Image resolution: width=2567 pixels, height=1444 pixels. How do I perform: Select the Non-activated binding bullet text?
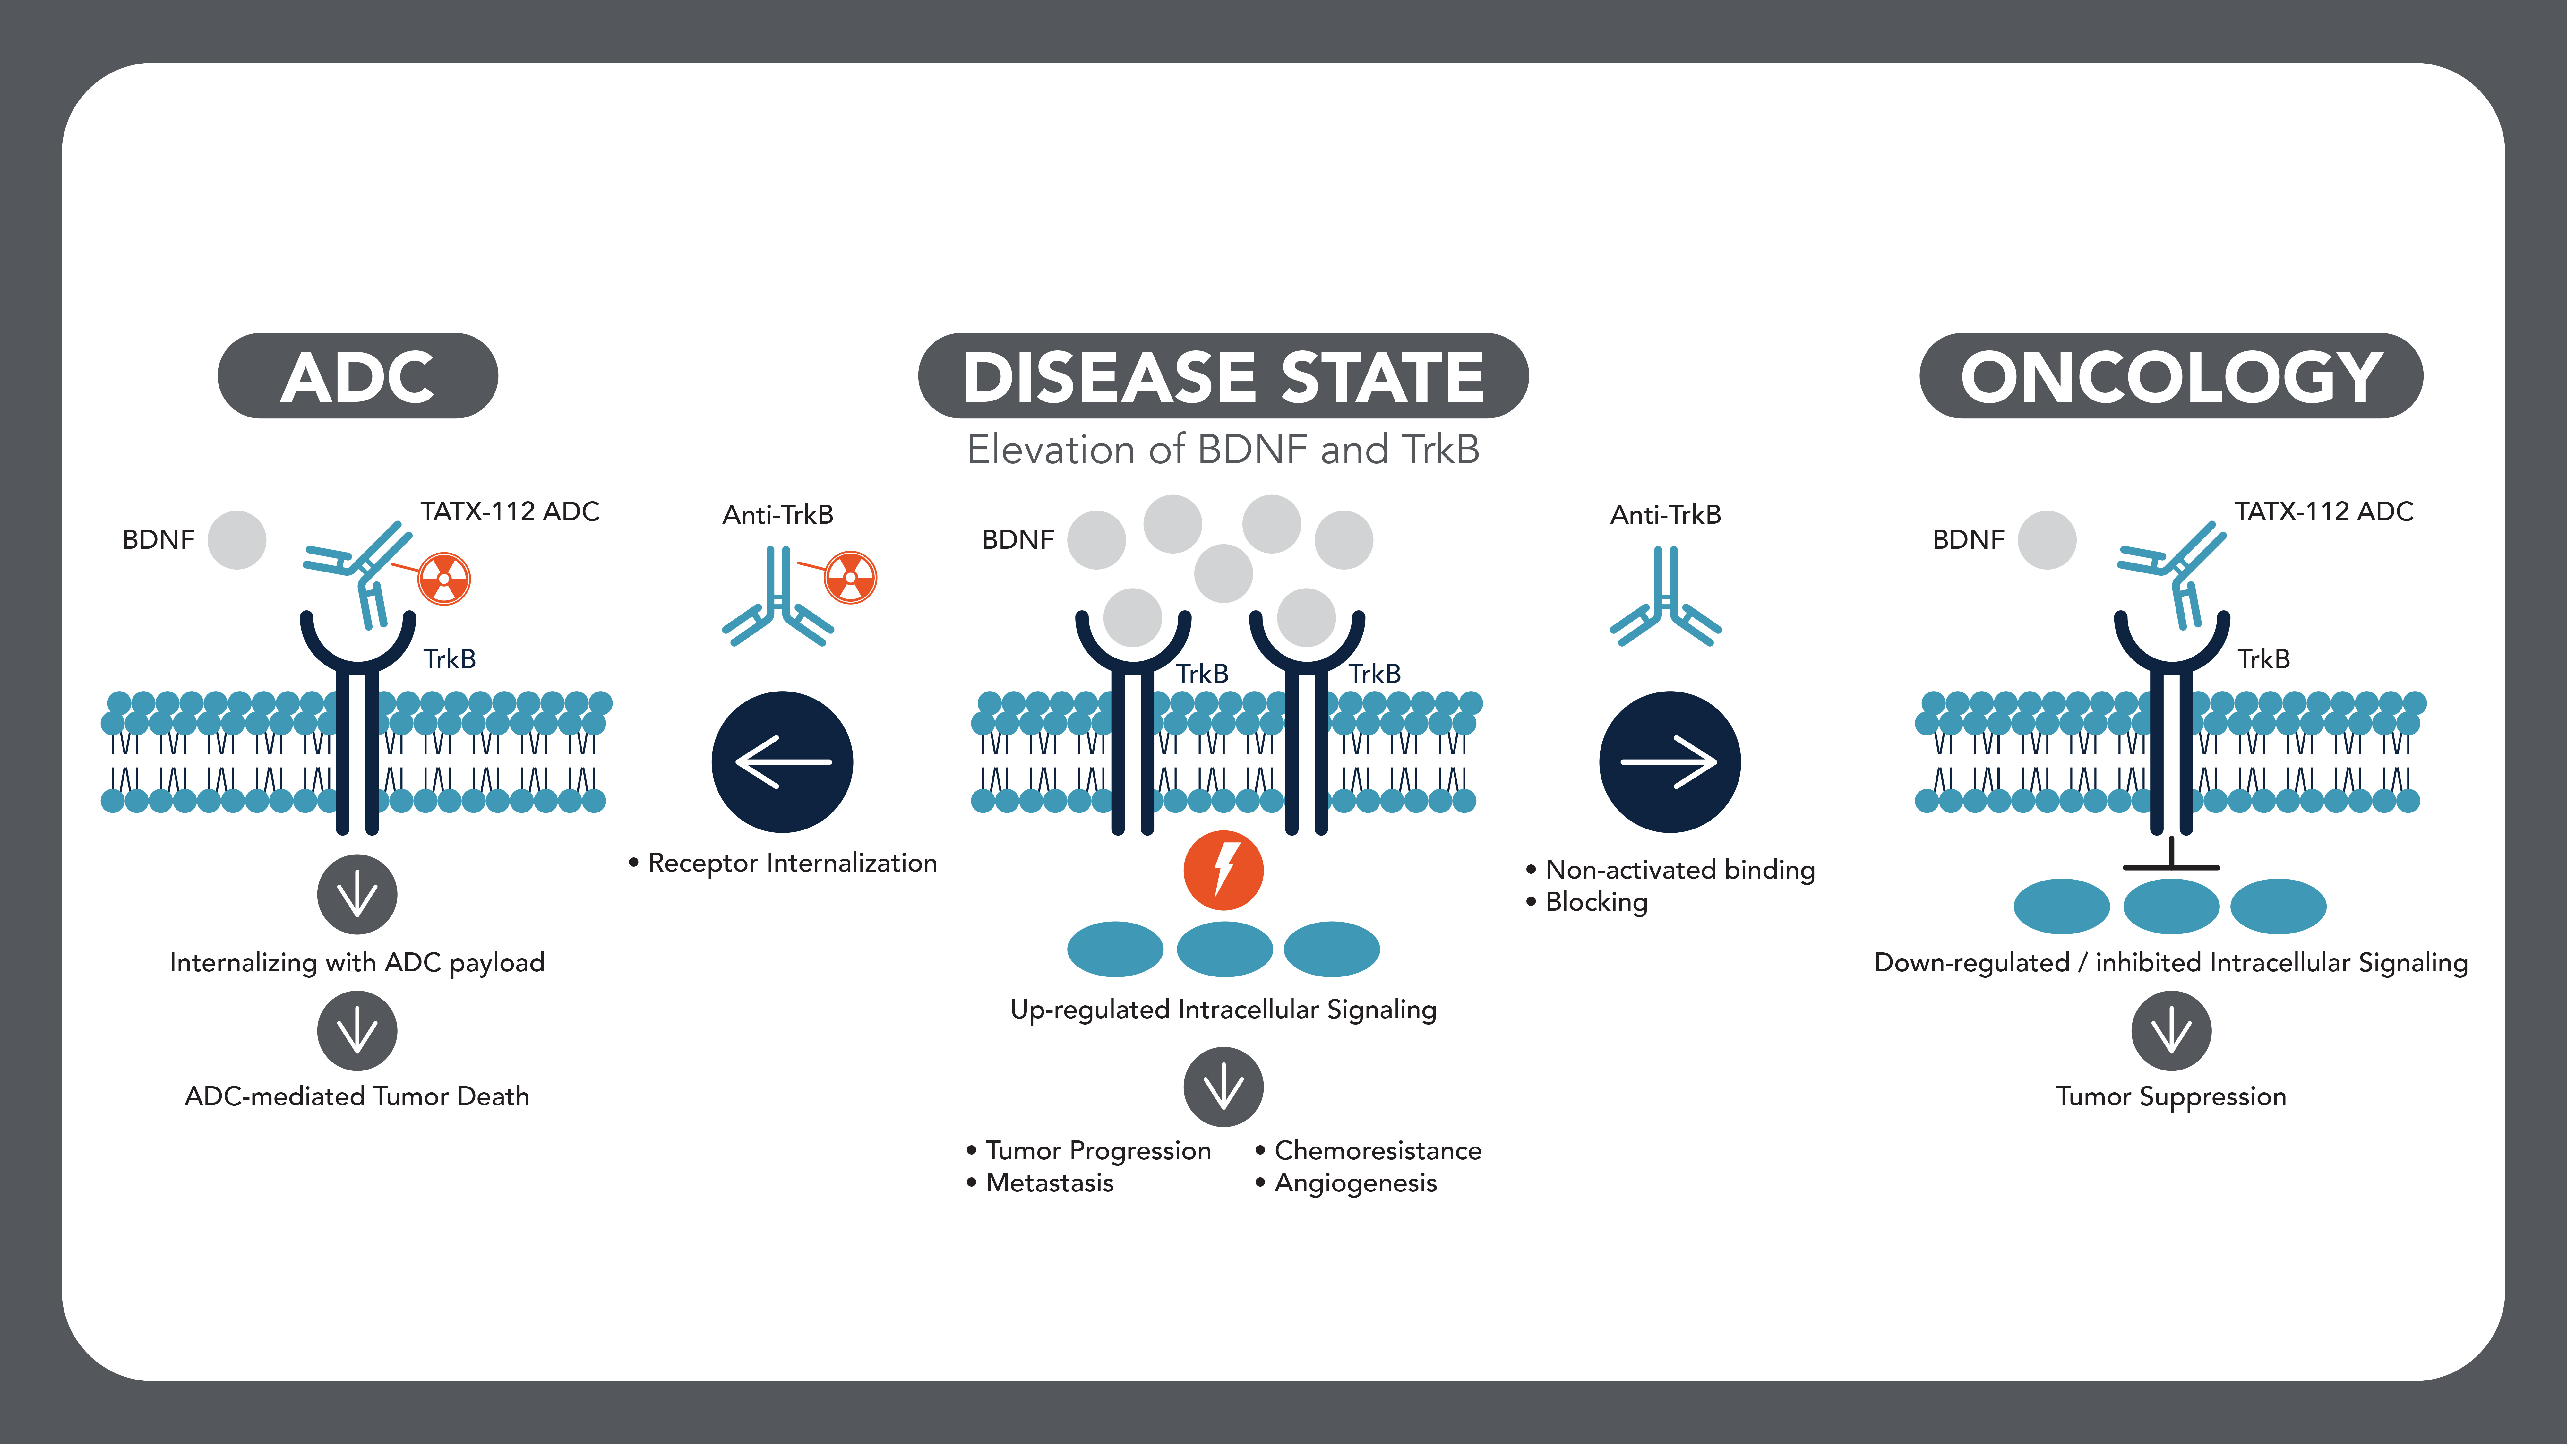(1679, 870)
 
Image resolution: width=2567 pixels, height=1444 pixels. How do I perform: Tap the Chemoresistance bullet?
(1377, 1151)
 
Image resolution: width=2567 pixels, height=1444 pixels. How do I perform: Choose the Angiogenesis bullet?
(1355, 1183)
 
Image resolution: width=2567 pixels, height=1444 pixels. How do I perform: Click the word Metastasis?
(1049, 1183)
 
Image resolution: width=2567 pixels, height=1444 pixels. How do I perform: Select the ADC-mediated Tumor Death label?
(357, 1096)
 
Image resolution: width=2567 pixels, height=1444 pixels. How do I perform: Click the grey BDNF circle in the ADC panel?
(237, 540)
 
